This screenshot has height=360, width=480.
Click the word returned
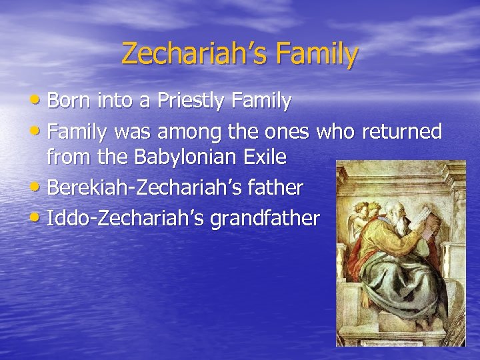click(x=401, y=131)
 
